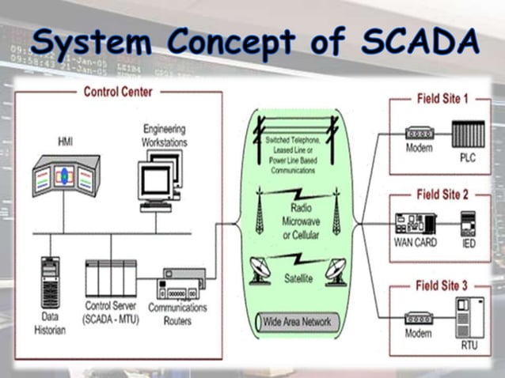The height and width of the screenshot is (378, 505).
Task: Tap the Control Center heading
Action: [119, 92]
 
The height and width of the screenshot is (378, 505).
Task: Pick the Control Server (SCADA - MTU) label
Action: [110, 312]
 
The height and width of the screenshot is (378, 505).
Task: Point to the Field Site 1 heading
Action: [442, 99]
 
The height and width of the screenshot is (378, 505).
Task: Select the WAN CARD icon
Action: [415, 223]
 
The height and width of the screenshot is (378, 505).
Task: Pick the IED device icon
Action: [468, 225]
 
